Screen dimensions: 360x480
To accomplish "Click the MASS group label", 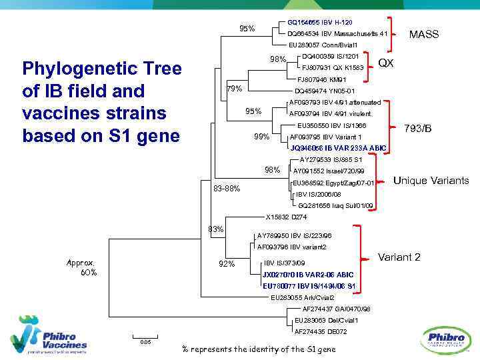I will (423, 34).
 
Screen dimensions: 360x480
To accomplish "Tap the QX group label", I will (386, 63).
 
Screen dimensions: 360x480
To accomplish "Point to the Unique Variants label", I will (431, 181).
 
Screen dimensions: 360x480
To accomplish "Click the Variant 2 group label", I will (399, 257).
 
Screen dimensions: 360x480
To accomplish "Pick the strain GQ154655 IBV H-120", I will (319, 22).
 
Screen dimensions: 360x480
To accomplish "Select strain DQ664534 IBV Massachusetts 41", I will (337, 33).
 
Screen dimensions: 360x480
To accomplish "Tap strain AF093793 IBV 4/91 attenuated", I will (335, 103).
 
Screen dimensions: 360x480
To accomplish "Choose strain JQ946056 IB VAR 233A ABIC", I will (338, 148).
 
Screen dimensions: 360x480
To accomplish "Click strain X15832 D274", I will (286, 217).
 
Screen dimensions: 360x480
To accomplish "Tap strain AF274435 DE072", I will (320, 331).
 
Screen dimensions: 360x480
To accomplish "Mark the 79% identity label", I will (235, 89).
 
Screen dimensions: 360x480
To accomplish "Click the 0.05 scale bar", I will (145, 338).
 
